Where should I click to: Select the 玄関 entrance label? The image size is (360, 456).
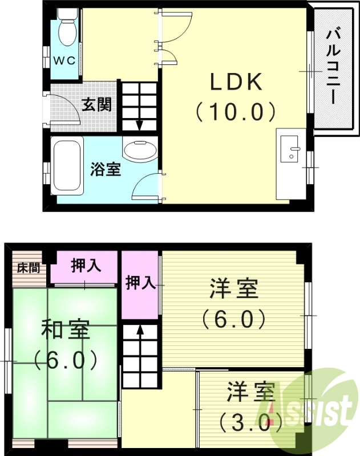[96, 105]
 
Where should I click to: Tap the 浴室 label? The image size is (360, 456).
[106, 169]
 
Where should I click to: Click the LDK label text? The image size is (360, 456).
[236, 83]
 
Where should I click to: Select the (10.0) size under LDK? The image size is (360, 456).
[236, 112]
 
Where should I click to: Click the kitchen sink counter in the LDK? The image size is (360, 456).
[290, 165]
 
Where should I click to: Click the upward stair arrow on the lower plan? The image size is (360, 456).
[139, 331]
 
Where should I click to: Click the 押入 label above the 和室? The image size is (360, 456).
[86, 265]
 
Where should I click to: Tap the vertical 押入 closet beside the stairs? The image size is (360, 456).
[140, 283]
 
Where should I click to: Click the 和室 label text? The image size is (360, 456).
[64, 331]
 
